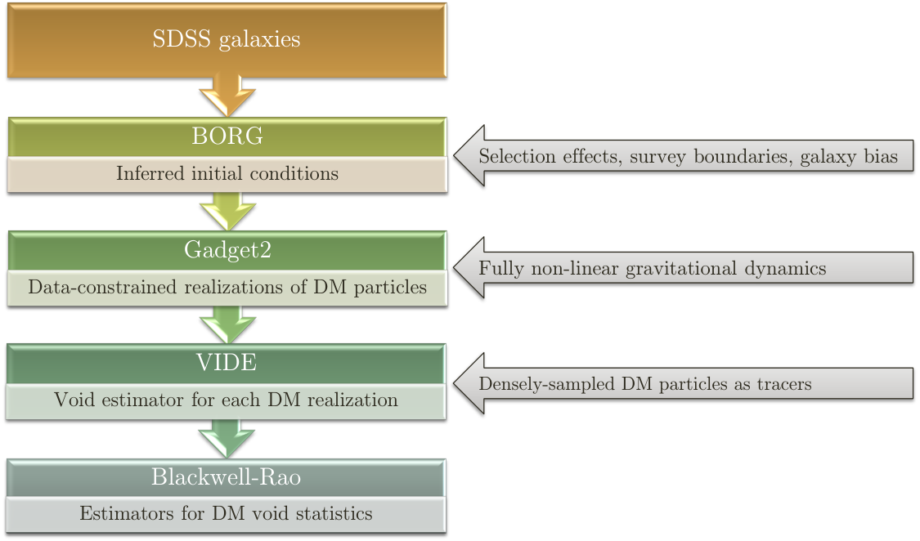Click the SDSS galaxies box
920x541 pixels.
click(227, 40)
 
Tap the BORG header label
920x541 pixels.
click(227, 136)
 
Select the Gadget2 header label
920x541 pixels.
click(227, 250)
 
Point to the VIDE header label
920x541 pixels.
click(227, 362)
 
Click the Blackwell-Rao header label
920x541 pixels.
click(227, 476)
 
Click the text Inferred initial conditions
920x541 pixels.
click(227, 173)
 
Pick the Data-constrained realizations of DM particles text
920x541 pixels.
click(227, 287)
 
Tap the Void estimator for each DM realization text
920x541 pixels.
click(227, 400)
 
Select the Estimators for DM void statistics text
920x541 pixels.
click(227, 513)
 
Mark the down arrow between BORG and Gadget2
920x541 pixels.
click(227, 211)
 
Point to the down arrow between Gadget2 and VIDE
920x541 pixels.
click(227, 324)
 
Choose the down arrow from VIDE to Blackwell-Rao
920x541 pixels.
click(227, 438)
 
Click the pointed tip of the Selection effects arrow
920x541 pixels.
click(455, 156)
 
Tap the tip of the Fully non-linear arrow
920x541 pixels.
click(455, 268)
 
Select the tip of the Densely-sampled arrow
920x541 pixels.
click(455, 383)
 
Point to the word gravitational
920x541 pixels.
click(681, 268)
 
